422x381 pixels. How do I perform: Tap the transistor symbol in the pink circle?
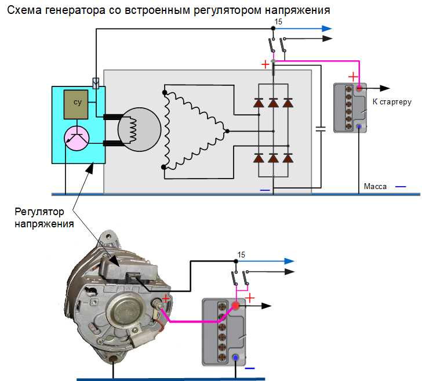click(76, 137)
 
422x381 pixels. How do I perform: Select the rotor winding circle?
click(139, 129)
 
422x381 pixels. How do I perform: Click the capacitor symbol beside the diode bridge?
click(319, 128)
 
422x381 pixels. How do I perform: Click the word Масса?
click(374, 187)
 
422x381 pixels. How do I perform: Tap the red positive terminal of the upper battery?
click(359, 89)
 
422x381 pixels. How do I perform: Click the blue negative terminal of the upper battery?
click(359, 126)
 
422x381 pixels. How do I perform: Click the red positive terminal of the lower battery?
click(236, 306)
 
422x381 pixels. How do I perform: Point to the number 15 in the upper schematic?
click(278, 21)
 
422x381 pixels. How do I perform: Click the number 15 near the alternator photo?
click(241, 255)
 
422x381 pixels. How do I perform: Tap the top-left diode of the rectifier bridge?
click(259, 103)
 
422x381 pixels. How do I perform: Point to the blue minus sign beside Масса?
click(401, 187)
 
